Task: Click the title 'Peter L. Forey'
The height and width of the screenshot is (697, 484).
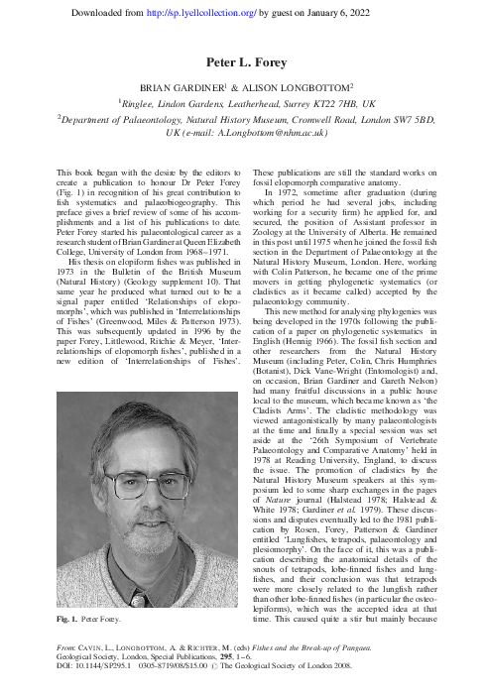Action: [241, 61]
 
